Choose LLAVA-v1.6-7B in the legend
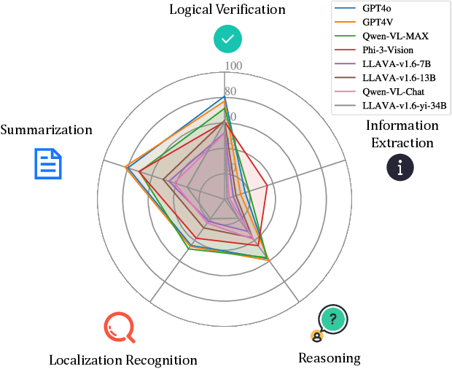tap(394, 64)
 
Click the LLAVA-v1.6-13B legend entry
tap(397, 78)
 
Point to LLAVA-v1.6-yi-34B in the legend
tap(403, 106)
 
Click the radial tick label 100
tap(233, 66)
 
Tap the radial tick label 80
tap(230, 92)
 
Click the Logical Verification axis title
tap(227, 9)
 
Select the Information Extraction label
tap(402, 133)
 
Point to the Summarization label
tap(47, 130)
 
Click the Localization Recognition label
tap(122, 360)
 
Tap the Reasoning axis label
tap(330, 357)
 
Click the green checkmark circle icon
tap(227, 39)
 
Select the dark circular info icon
tap(400, 167)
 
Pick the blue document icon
tap(49, 163)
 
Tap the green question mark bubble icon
tap(332, 319)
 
